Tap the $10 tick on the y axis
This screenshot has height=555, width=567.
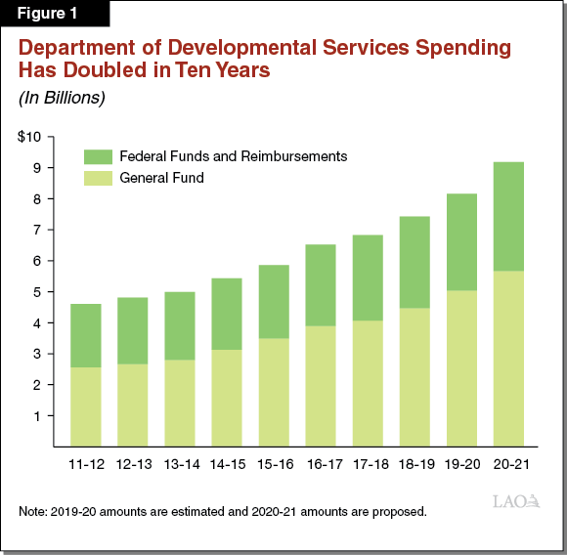[x=29, y=137]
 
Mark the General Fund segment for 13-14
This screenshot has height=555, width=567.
[x=179, y=403]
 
